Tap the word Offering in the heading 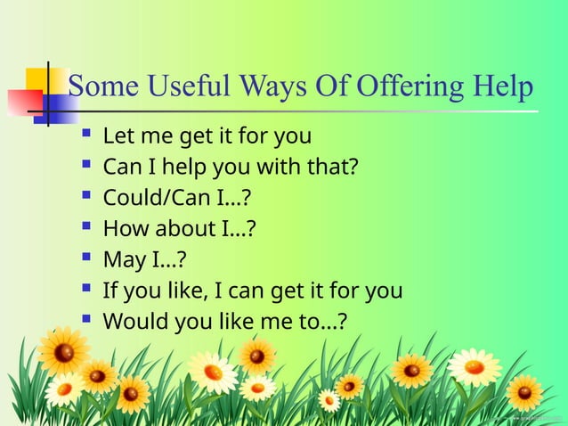point(408,87)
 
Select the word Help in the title point(502,87)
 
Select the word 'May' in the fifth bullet point(124,259)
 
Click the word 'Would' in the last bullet point(133,321)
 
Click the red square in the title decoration point(22,102)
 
